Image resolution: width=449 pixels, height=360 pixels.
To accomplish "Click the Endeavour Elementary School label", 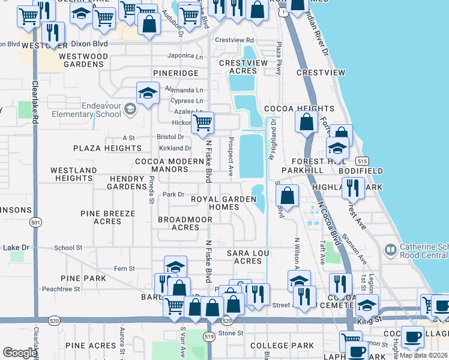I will point(86,110).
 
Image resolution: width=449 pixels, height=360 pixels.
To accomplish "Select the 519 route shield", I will point(209,337).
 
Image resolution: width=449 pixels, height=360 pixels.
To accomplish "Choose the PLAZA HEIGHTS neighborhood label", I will point(107,148).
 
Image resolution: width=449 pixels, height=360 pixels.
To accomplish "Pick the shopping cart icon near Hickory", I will point(203,122).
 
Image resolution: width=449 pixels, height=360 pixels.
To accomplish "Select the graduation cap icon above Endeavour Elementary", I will point(148,93).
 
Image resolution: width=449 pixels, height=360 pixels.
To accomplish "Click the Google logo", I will point(20,352).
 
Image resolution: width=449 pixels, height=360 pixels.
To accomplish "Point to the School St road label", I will point(68,247).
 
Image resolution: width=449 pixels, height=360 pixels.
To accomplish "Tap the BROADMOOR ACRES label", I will point(185,223).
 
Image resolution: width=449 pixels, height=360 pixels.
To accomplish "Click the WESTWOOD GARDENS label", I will point(83,60).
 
